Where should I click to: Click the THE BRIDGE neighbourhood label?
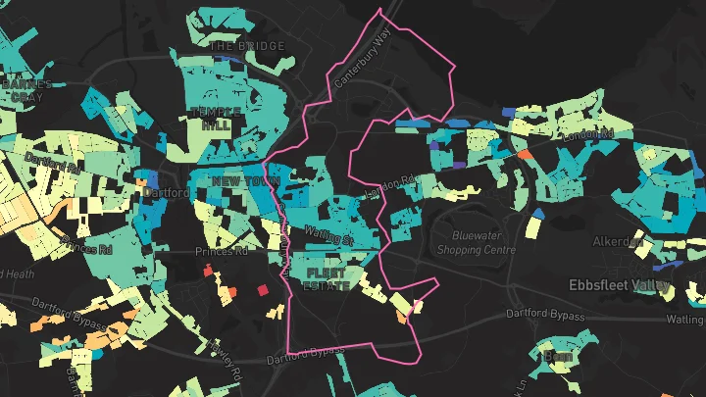click(247, 46)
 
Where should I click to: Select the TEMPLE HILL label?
click(215, 119)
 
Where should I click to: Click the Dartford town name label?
click(165, 192)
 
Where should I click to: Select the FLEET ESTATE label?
click(327, 278)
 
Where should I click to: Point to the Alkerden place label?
click(617, 241)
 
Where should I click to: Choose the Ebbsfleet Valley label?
click(620, 286)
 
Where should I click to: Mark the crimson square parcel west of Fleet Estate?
click(262, 290)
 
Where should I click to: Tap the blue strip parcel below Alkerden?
click(667, 267)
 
